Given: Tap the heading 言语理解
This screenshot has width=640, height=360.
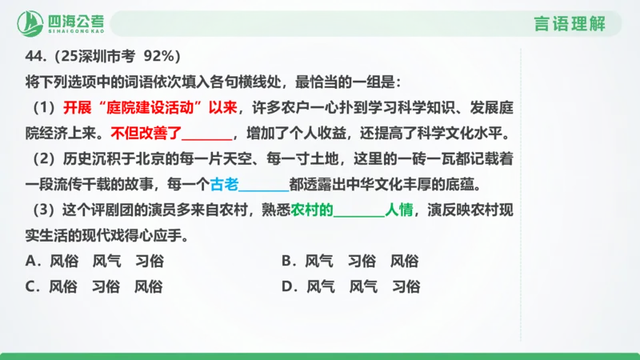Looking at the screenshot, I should click(570, 24).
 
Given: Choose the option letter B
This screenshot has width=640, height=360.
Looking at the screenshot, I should click(286, 261).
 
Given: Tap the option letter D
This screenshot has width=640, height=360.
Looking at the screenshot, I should click(286, 286).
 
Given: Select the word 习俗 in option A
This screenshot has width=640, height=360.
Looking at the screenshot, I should click(149, 261).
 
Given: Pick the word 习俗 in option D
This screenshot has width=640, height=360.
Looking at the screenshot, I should click(406, 286).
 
